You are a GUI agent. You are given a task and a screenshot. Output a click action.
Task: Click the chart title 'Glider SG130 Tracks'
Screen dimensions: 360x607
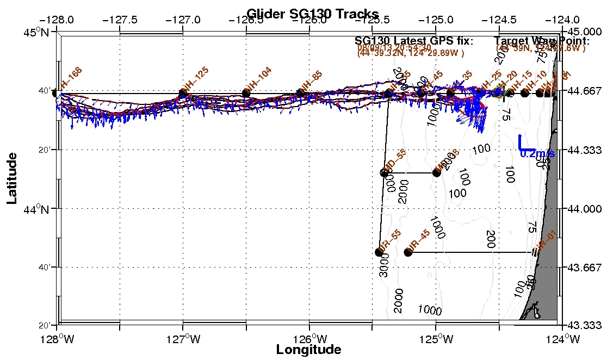click(312, 13)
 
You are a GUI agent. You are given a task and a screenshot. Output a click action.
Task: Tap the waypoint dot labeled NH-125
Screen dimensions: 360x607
click(183, 94)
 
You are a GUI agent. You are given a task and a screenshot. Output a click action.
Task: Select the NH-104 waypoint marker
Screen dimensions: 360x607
click(246, 93)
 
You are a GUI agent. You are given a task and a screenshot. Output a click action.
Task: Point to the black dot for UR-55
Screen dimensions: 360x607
click(379, 252)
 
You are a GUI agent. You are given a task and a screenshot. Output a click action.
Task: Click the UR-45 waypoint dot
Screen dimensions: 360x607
click(408, 252)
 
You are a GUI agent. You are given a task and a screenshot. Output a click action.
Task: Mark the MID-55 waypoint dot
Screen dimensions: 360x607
click(384, 173)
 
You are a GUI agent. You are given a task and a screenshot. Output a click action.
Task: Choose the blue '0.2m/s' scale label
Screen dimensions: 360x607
click(537, 154)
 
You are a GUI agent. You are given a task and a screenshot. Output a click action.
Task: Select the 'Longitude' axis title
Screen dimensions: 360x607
click(308, 350)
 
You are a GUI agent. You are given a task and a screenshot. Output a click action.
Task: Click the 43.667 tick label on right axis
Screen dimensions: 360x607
click(585, 267)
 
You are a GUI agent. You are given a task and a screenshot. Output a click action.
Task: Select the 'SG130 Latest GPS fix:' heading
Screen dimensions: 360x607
click(414, 41)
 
